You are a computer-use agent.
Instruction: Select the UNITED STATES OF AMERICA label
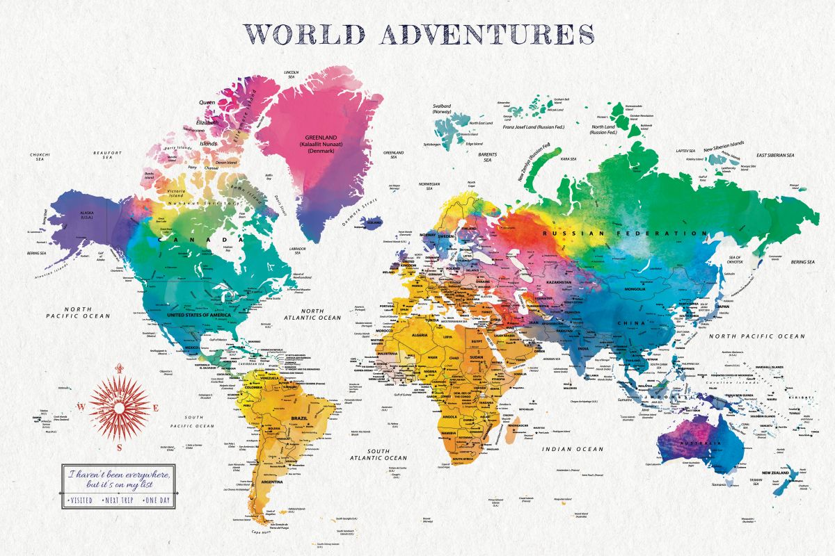pyautogui.click(x=198, y=315)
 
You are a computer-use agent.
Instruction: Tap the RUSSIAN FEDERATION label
pyautogui.click(x=625, y=234)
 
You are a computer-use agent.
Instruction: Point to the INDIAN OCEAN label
pyautogui.click(x=573, y=449)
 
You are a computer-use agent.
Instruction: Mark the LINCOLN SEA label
pyautogui.click(x=292, y=74)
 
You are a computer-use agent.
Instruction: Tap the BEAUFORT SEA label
pyautogui.click(x=108, y=156)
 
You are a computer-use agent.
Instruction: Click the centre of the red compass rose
pyautogui.click(x=120, y=408)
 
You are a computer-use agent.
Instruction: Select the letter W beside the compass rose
pyautogui.click(x=81, y=408)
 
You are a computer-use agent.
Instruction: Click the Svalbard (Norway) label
pyautogui.click(x=442, y=109)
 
